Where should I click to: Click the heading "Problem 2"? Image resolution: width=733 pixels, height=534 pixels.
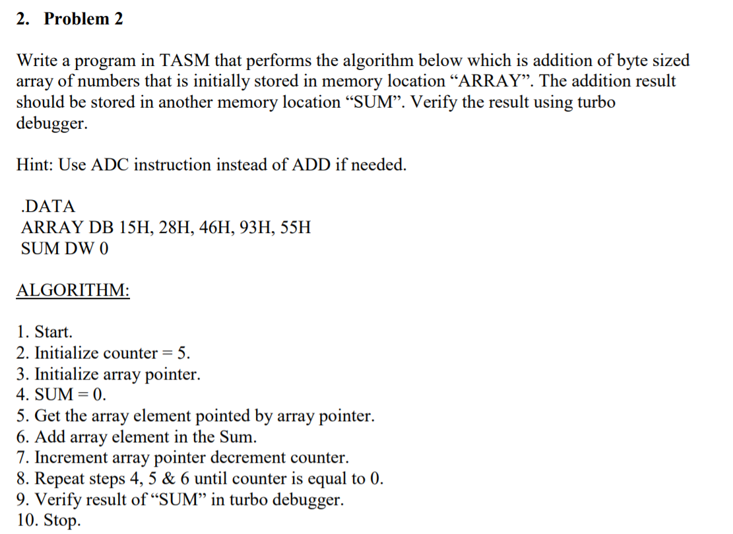tap(83, 19)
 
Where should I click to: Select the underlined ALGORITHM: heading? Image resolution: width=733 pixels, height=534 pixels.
tap(73, 291)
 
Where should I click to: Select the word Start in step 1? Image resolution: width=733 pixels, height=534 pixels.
tap(53, 332)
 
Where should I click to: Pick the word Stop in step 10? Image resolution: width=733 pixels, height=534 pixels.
tap(63, 521)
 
